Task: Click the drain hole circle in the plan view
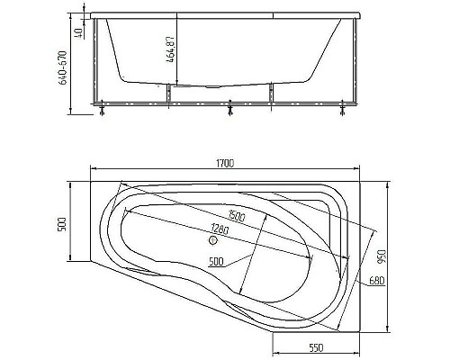[214, 239]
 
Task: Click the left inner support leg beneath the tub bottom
[169, 94]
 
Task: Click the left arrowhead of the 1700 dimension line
[93, 169]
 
